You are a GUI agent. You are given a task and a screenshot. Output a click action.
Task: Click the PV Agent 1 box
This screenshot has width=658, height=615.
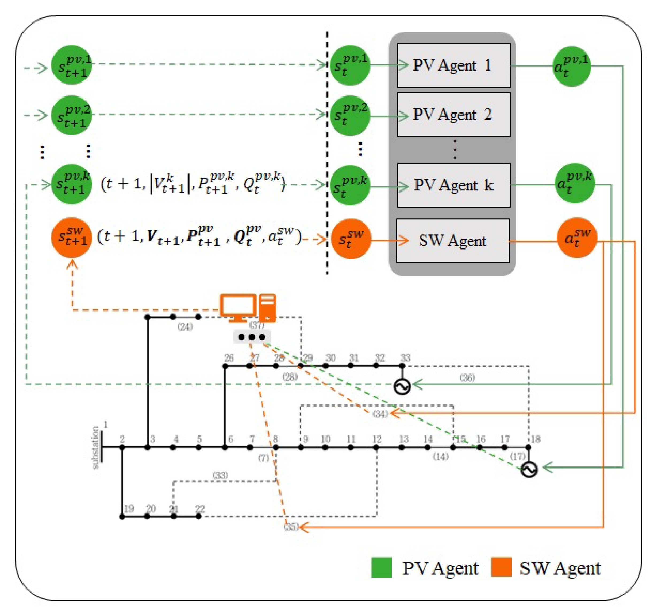(x=453, y=65)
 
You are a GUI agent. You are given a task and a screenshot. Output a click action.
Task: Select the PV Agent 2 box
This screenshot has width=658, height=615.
(x=453, y=115)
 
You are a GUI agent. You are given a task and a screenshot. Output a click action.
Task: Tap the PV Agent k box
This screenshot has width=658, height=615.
(x=453, y=185)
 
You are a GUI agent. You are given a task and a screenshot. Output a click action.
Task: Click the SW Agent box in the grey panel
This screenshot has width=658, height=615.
(x=452, y=241)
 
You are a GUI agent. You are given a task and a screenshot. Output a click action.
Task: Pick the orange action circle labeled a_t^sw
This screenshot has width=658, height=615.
(x=577, y=238)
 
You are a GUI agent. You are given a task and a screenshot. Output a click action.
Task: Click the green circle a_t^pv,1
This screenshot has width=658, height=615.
(x=572, y=67)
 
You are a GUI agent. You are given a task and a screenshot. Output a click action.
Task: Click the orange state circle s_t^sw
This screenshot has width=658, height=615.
(x=351, y=238)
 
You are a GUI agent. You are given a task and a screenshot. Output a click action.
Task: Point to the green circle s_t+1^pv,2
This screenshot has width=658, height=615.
(x=71, y=115)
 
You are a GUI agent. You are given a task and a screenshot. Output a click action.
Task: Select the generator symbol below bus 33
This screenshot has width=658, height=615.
(x=402, y=386)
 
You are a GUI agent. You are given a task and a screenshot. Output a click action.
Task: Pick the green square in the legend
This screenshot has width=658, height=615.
(x=381, y=567)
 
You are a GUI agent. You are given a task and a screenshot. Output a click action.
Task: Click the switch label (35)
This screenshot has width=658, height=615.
(x=291, y=526)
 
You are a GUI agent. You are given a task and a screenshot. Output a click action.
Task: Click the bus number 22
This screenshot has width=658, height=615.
(x=199, y=508)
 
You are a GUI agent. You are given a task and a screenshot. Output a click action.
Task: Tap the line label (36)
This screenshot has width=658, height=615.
(x=467, y=377)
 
